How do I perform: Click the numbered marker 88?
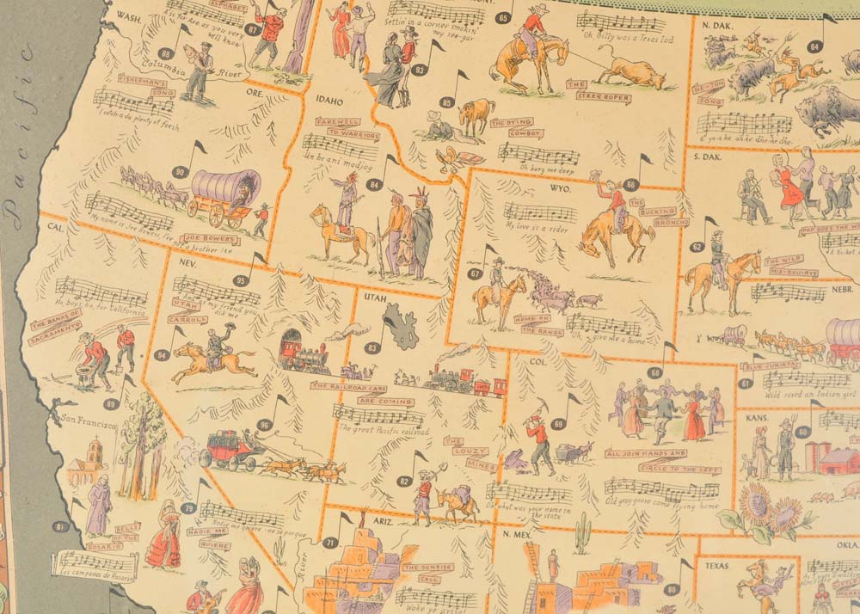pos(166,53)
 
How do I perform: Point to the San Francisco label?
pos(88,423)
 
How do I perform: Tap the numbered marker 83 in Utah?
pos(372,348)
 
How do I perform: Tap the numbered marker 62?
pos(697,247)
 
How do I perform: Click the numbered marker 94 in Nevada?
pos(161,354)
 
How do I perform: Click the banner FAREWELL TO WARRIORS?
pos(337,127)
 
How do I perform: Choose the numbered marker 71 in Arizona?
pos(329,543)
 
